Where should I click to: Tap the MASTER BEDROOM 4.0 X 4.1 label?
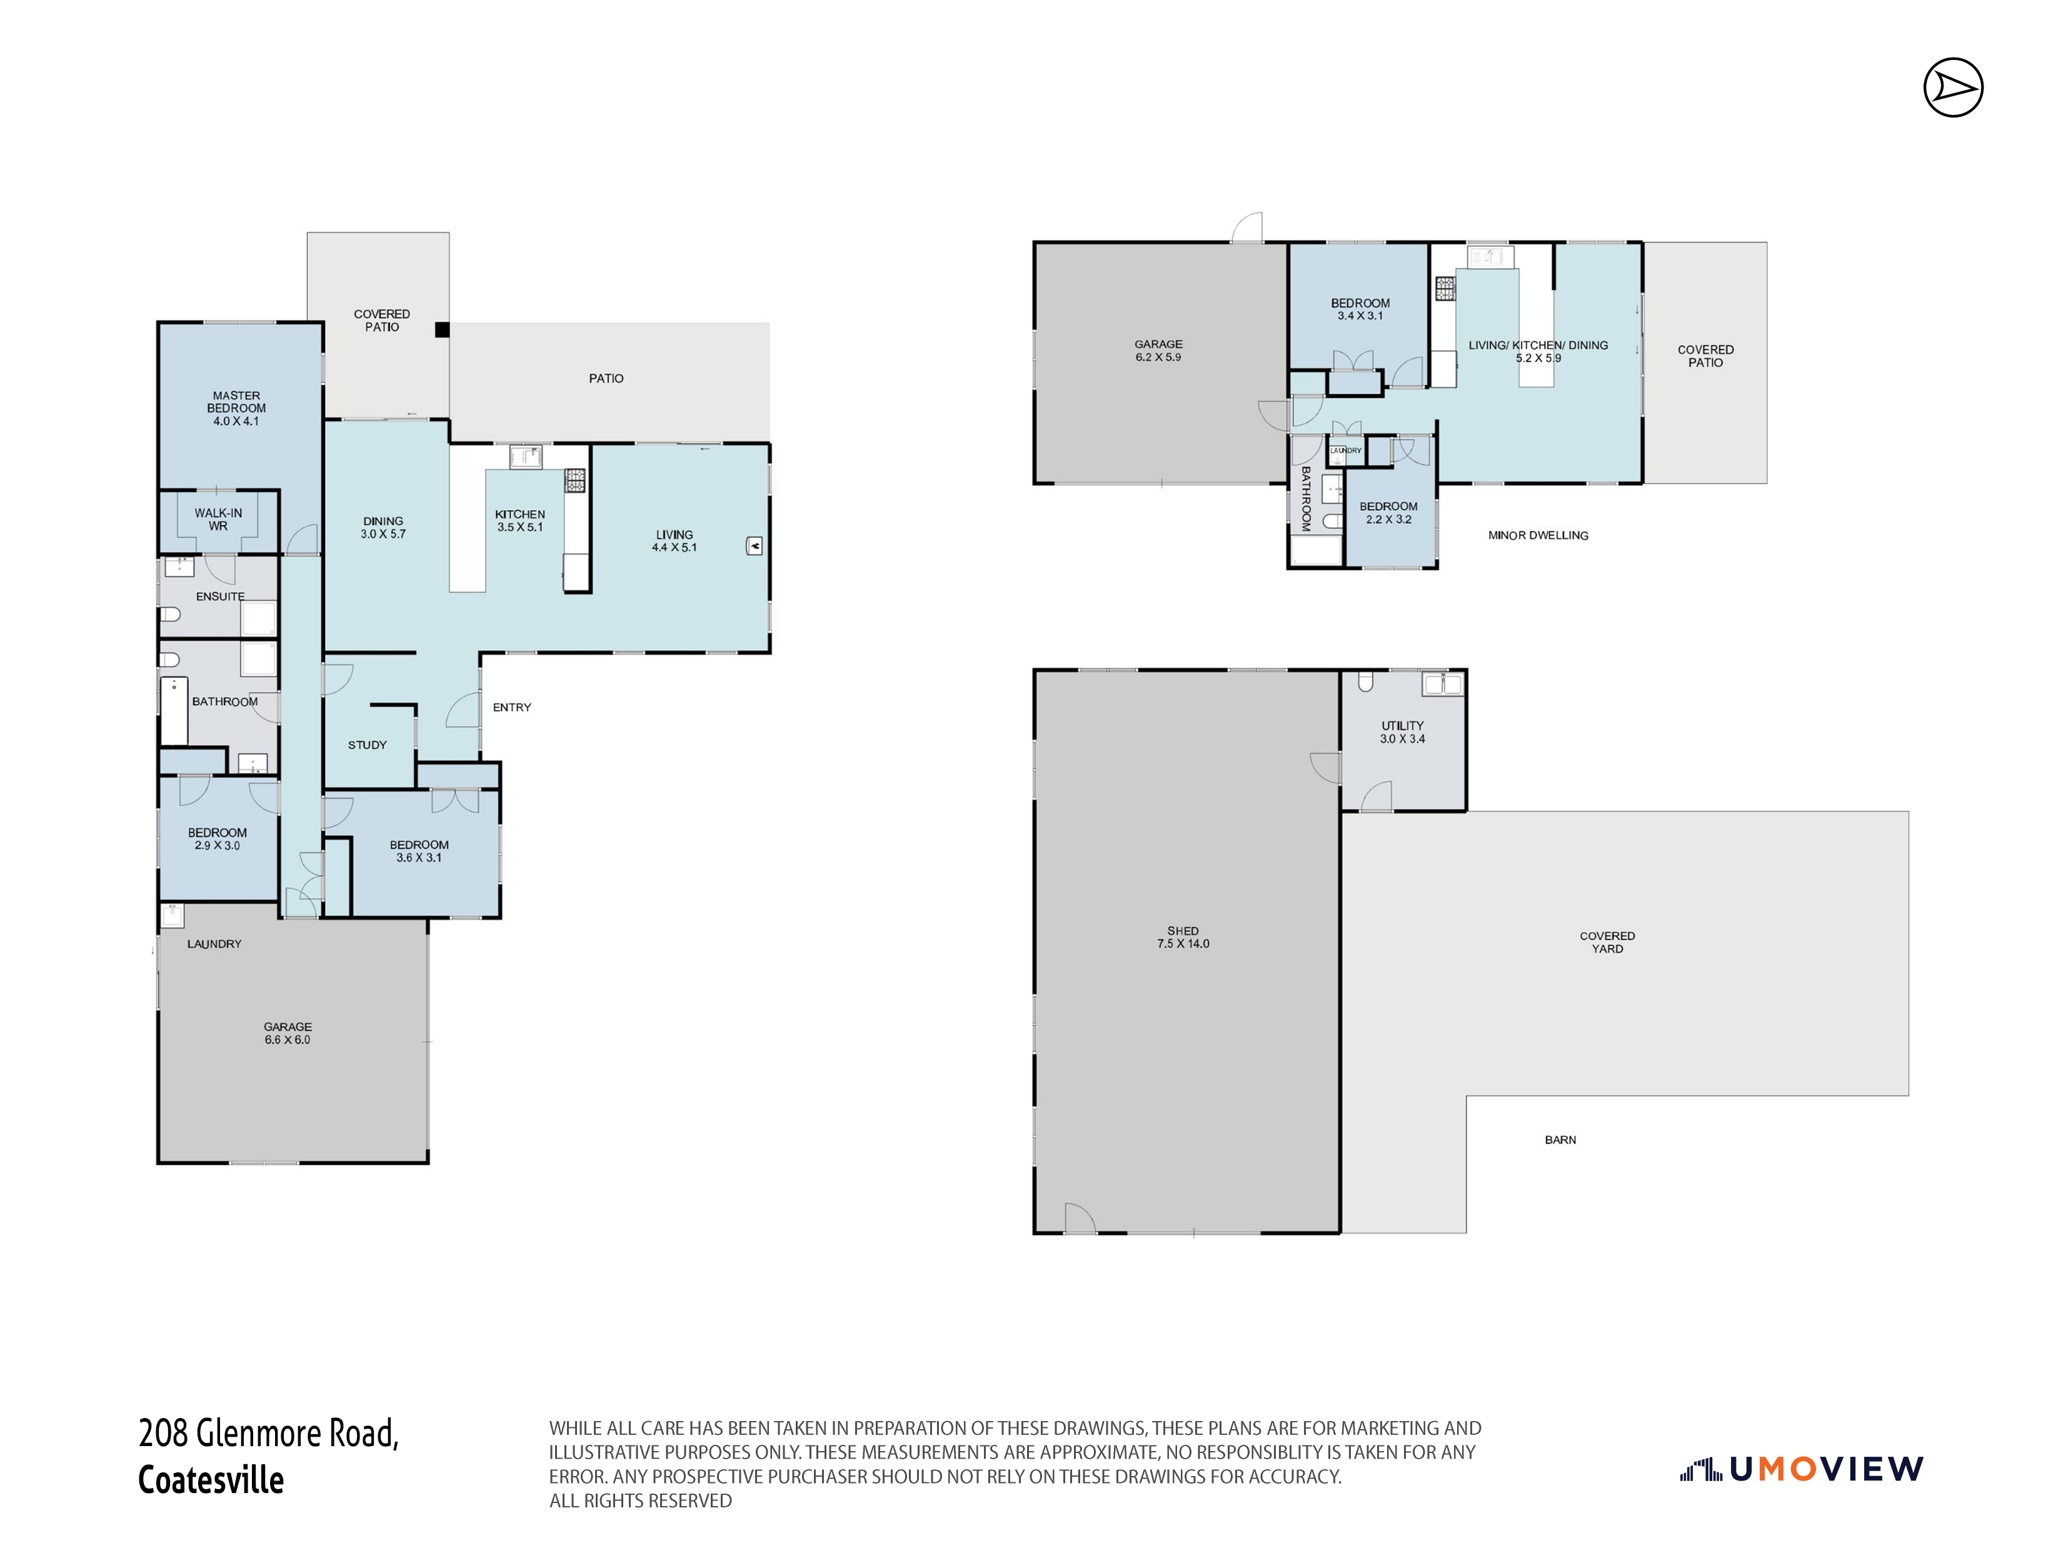(x=237, y=408)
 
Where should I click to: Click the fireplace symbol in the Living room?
(x=755, y=546)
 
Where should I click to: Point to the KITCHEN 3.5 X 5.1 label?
(x=520, y=520)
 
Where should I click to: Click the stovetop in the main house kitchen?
(x=575, y=480)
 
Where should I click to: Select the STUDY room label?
(x=367, y=745)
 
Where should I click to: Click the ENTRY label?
(x=511, y=707)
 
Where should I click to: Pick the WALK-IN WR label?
(x=218, y=519)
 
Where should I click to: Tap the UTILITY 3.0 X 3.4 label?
(x=1402, y=731)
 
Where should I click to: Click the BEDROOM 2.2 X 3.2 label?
(x=1388, y=513)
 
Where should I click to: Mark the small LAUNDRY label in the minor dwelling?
(x=1345, y=450)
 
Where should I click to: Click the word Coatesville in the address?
(x=211, y=1479)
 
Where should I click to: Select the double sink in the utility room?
(x=1442, y=684)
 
